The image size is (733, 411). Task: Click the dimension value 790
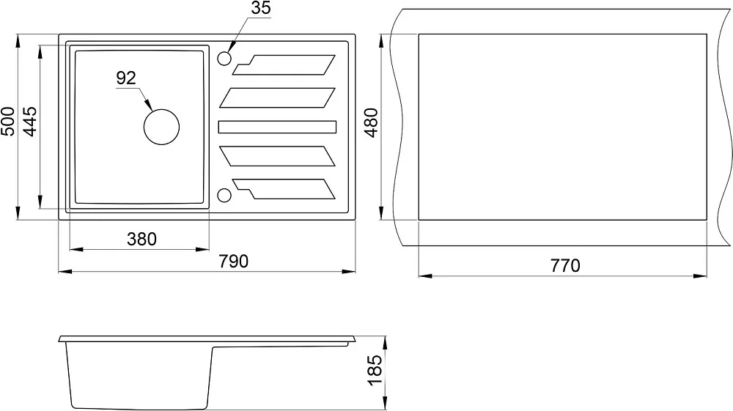(234, 262)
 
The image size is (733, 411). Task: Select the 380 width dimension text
(141, 239)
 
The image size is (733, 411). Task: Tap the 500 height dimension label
(8, 122)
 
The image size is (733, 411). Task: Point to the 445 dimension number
(30, 122)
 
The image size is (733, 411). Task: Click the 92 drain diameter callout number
(126, 78)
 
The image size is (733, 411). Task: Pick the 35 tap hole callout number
(261, 8)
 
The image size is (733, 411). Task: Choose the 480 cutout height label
(371, 122)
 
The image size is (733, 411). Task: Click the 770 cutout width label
(565, 266)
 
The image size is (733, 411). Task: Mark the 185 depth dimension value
(375, 371)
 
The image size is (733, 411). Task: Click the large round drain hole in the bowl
(162, 127)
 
